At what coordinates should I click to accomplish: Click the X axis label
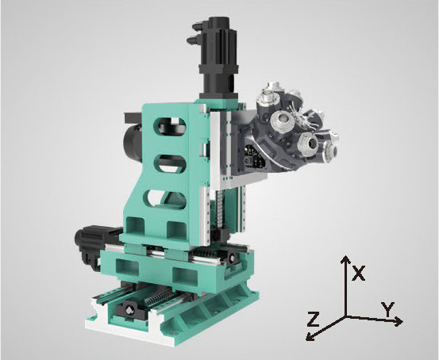[x=359, y=274]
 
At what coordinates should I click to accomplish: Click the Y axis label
[x=388, y=309]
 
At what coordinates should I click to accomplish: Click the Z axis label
[x=314, y=319]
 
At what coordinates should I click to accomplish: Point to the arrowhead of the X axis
[x=346, y=259]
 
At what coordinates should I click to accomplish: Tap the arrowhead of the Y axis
[x=399, y=321]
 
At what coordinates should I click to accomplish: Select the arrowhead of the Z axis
[x=310, y=336]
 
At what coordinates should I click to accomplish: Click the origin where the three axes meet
[x=346, y=317]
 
